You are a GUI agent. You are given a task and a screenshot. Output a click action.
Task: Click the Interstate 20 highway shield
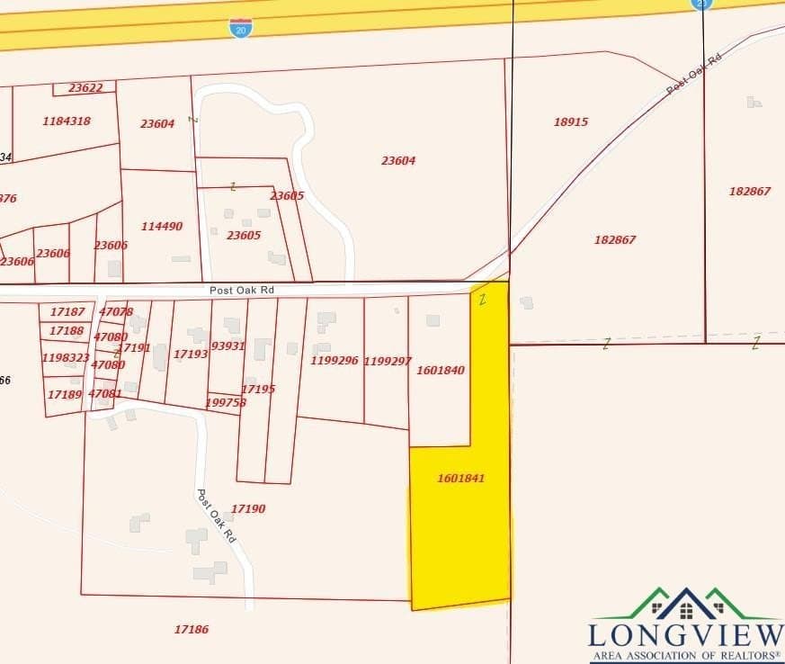point(241,27)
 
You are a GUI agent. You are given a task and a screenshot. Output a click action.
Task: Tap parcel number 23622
point(85,88)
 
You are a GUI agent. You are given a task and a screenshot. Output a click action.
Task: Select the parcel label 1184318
point(67,121)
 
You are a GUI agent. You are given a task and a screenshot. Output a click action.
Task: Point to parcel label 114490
point(162,226)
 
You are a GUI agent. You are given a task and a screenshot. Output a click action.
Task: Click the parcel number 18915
point(571,121)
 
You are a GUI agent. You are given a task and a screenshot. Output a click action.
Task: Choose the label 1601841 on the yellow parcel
point(461,479)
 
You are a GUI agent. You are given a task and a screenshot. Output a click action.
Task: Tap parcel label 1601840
point(441,370)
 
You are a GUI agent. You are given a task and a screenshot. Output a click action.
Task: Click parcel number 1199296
point(335,361)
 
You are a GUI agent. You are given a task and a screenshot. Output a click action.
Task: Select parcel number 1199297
point(388,361)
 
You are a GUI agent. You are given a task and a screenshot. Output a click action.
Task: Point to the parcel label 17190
point(248,509)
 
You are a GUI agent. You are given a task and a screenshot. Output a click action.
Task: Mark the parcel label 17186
point(192,630)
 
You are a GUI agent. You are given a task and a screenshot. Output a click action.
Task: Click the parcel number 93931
point(228,346)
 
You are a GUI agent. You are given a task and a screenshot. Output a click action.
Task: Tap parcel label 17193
point(191,354)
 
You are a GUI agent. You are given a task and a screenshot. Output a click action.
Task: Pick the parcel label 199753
point(226,402)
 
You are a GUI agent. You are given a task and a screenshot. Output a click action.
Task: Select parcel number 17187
point(67,311)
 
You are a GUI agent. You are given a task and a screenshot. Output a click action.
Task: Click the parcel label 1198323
point(66,358)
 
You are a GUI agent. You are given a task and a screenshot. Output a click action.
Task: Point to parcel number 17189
point(65,394)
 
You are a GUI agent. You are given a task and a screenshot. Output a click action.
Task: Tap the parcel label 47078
point(116,311)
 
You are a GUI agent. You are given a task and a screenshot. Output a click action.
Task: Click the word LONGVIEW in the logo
point(686,634)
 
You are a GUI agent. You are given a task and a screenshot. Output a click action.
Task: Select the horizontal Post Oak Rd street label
point(241,292)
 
